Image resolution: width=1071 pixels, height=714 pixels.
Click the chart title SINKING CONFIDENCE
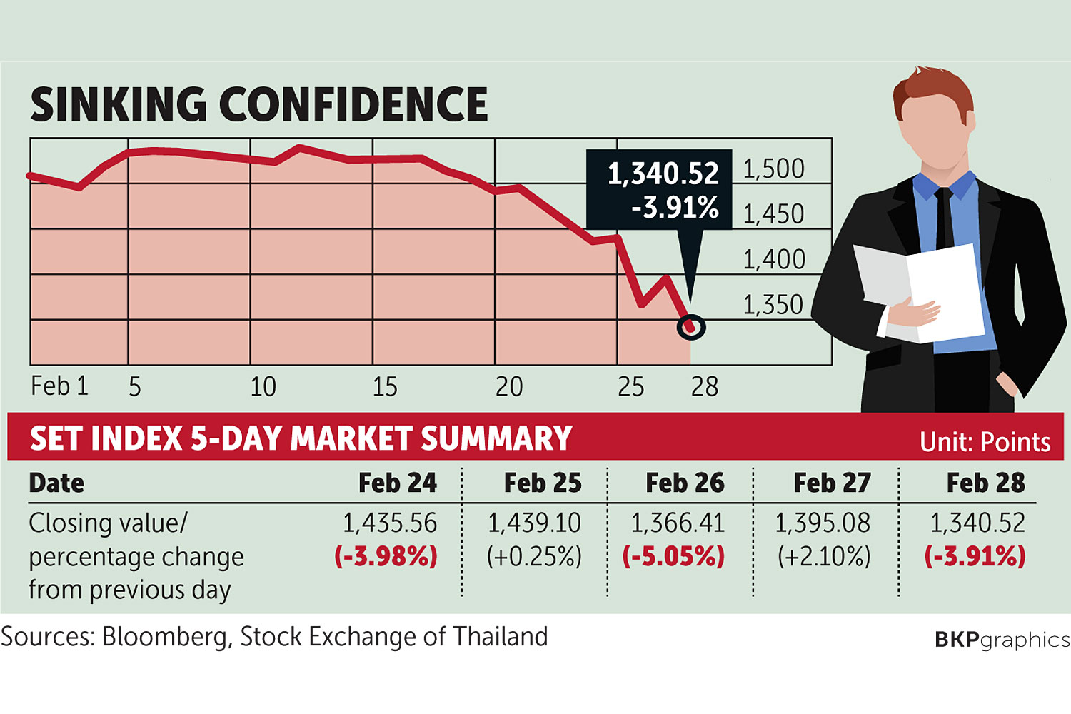[x=258, y=104]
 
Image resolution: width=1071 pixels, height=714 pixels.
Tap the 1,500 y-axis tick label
[x=773, y=169]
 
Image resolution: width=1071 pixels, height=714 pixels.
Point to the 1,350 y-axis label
[x=773, y=305]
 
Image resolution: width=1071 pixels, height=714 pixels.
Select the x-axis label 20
[x=509, y=387]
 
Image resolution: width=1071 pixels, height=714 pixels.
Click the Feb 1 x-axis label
[x=59, y=386]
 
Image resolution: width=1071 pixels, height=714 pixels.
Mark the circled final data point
[x=690, y=327]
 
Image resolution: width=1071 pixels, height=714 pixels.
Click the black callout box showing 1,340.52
[x=659, y=189]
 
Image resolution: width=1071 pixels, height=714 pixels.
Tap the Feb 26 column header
[x=684, y=483]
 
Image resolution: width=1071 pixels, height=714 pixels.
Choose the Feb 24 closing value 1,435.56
[x=389, y=523]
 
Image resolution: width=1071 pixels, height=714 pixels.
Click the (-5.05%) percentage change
[x=673, y=557]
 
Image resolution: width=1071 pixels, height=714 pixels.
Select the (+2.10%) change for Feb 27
[x=824, y=557]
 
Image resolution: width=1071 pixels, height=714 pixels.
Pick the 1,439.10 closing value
[x=534, y=523]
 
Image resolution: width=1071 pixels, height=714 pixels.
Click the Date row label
[x=56, y=483]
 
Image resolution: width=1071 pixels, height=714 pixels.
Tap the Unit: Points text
[x=985, y=442]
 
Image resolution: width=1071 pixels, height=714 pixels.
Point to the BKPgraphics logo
[x=1002, y=639]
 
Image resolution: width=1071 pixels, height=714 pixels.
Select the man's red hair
[x=935, y=89]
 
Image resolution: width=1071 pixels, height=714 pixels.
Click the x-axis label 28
[x=704, y=387]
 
